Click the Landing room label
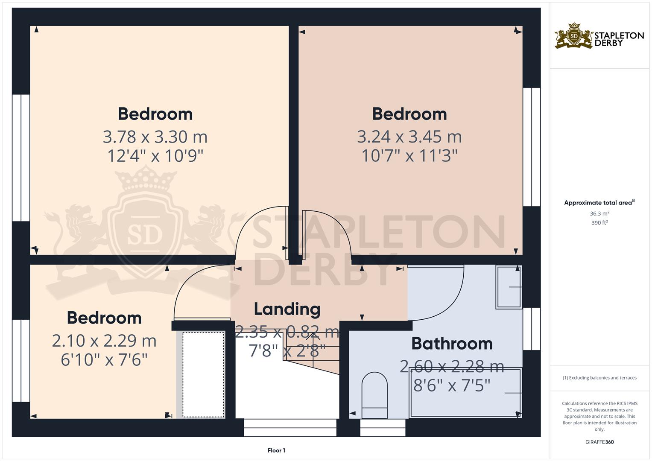[287, 309]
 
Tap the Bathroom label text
[452, 344]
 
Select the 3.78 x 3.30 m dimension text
[155, 137]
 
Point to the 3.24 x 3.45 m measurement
[409, 137]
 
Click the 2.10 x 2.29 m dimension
[104, 341]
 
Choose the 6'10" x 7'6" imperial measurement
[104, 360]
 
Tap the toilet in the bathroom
[374, 395]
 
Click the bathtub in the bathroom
[465, 393]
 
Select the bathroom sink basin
[509, 287]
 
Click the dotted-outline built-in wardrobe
[204, 375]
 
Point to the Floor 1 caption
[276, 450]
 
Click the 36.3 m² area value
[599, 213]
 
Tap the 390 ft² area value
[599, 223]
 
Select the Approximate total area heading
[599, 203]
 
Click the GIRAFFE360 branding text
[599, 442]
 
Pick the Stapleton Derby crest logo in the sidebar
[574, 35]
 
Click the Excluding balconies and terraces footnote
[599, 378]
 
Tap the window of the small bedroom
[21, 361]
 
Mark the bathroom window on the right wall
[532, 329]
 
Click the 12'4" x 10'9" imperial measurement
[155, 156]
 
